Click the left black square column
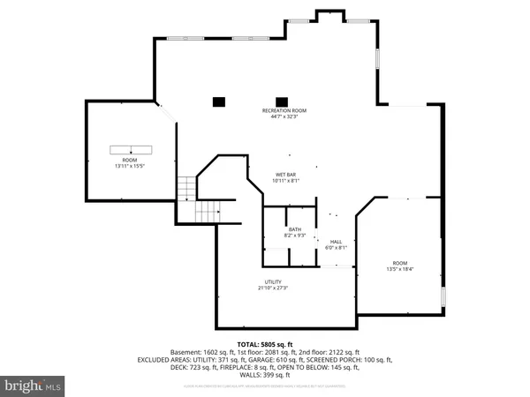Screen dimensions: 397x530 click(218, 101)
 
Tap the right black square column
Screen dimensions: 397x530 click(282, 101)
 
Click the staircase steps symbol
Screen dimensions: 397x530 click(187, 189)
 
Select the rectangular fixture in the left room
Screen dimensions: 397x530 click(131, 149)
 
